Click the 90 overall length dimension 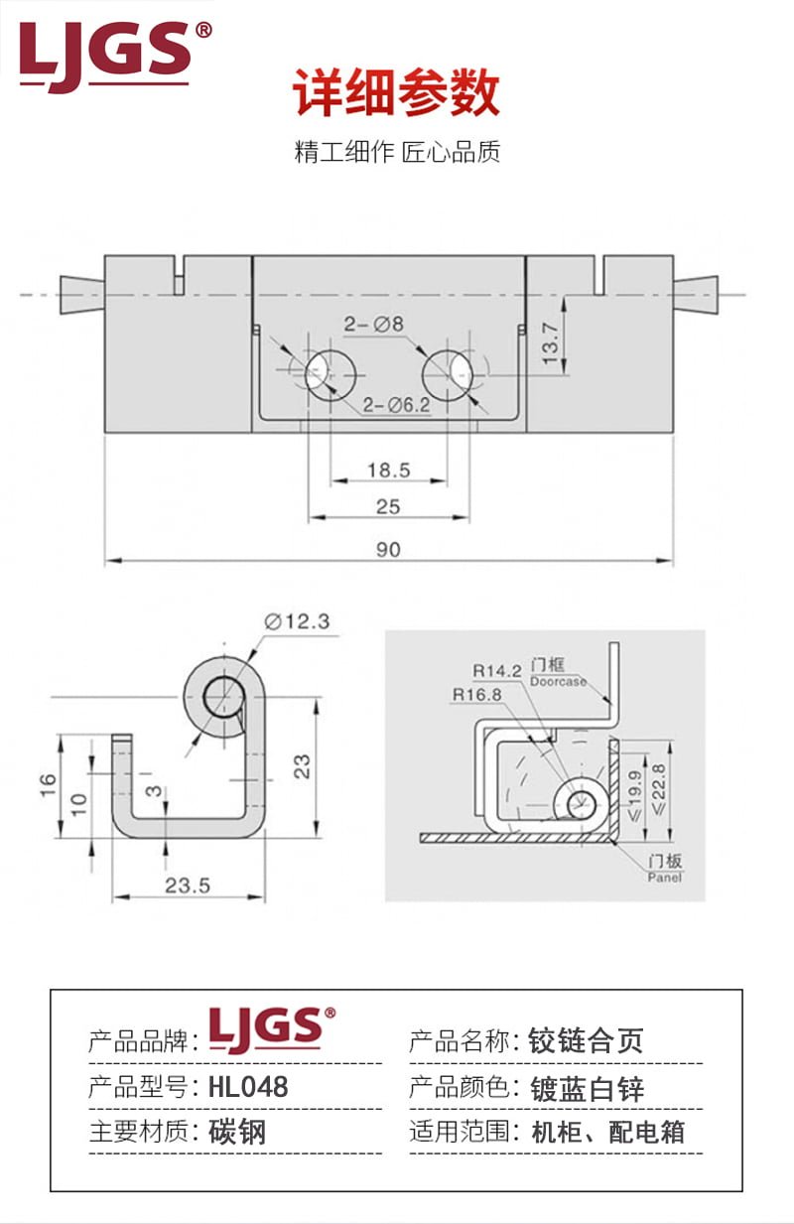coord(388,549)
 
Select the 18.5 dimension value coord(388,470)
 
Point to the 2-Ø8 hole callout coord(374,324)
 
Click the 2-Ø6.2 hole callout coord(396,404)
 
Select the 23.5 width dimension coord(188,884)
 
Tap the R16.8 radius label coord(475,694)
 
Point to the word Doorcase coord(558,682)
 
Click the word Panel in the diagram coord(664,877)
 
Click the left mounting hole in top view coord(331,374)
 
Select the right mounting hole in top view coord(448,374)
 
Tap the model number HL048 coord(248,1087)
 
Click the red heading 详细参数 coord(397,94)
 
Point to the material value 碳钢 coord(237,1132)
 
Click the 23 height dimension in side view coord(303,765)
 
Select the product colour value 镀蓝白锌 coord(588,1088)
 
